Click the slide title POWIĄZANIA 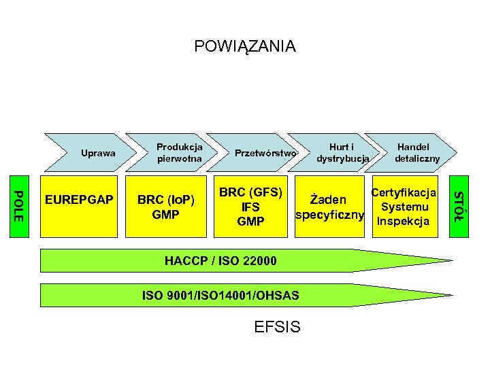(245, 46)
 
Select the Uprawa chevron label (98, 153)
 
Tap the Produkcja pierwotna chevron (180, 152)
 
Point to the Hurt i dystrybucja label (342, 152)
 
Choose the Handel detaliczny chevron (417, 152)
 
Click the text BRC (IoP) (166, 200)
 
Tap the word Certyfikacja (404, 192)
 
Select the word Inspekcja (404, 221)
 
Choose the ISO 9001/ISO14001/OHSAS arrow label (220, 295)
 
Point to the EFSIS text (276, 328)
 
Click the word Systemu (404, 207)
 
